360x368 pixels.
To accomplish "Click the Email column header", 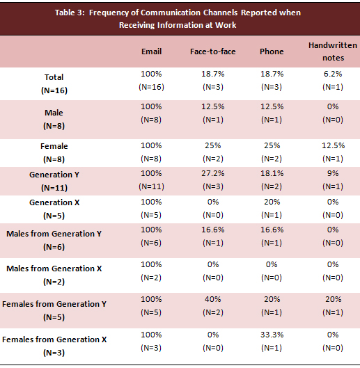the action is [x=152, y=51].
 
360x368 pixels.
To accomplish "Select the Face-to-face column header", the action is [x=213, y=51].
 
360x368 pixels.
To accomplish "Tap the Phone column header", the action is [x=272, y=51].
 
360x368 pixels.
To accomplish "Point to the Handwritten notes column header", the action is [x=333, y=51].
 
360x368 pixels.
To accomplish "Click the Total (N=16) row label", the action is [x=54, y=83].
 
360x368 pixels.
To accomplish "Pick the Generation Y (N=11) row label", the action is [x=54, y=181].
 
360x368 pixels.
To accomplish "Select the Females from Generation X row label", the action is [x=54, y=346].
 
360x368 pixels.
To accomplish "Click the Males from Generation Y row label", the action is [x=54, y=240].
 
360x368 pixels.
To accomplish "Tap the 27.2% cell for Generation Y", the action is [x=213, y=179].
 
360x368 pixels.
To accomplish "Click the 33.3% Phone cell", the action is [x=272, y=341].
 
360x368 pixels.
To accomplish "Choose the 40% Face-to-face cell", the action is [x=213, y=306].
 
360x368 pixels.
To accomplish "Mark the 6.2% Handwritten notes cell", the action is [x=333, y=80].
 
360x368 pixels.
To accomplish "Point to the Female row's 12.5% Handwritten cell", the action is [x=333, y=152].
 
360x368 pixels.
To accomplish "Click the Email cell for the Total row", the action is [x=151, y=80].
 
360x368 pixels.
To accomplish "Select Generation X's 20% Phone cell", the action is [x=272, y=209].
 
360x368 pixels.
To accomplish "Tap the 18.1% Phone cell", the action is [x=272, y=179].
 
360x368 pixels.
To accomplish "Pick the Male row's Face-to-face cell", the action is [x=213, y=113].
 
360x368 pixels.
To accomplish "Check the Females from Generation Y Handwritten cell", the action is [x=333, y=306].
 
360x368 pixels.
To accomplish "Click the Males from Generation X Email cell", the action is [x=151, y=271].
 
